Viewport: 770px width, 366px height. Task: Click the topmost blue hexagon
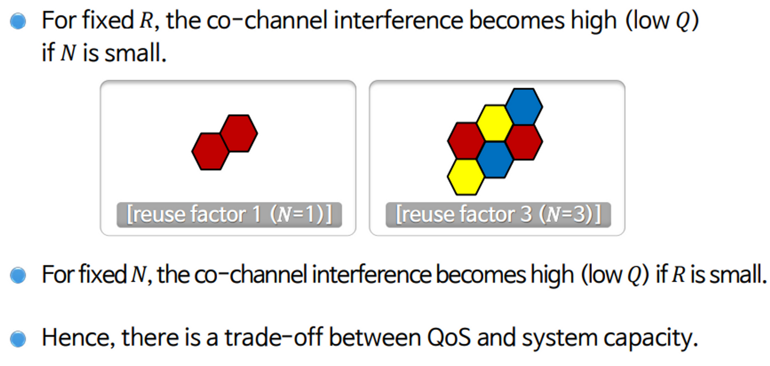[x=524, y=106]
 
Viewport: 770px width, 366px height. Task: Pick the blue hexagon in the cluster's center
[x=494, y=159]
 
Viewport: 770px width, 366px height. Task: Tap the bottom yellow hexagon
[x=466, y=177]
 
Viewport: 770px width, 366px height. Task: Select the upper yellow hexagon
[x=494, y=124]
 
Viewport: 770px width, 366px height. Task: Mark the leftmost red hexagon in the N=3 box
[x=466, y=141]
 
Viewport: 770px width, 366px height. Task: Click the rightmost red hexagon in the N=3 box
[x=524, y=141]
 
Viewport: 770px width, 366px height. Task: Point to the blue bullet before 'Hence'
[x=19, y=339]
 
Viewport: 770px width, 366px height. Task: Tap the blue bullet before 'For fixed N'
[x=19, y=276]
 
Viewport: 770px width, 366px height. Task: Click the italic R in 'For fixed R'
[x=144, y=22]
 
